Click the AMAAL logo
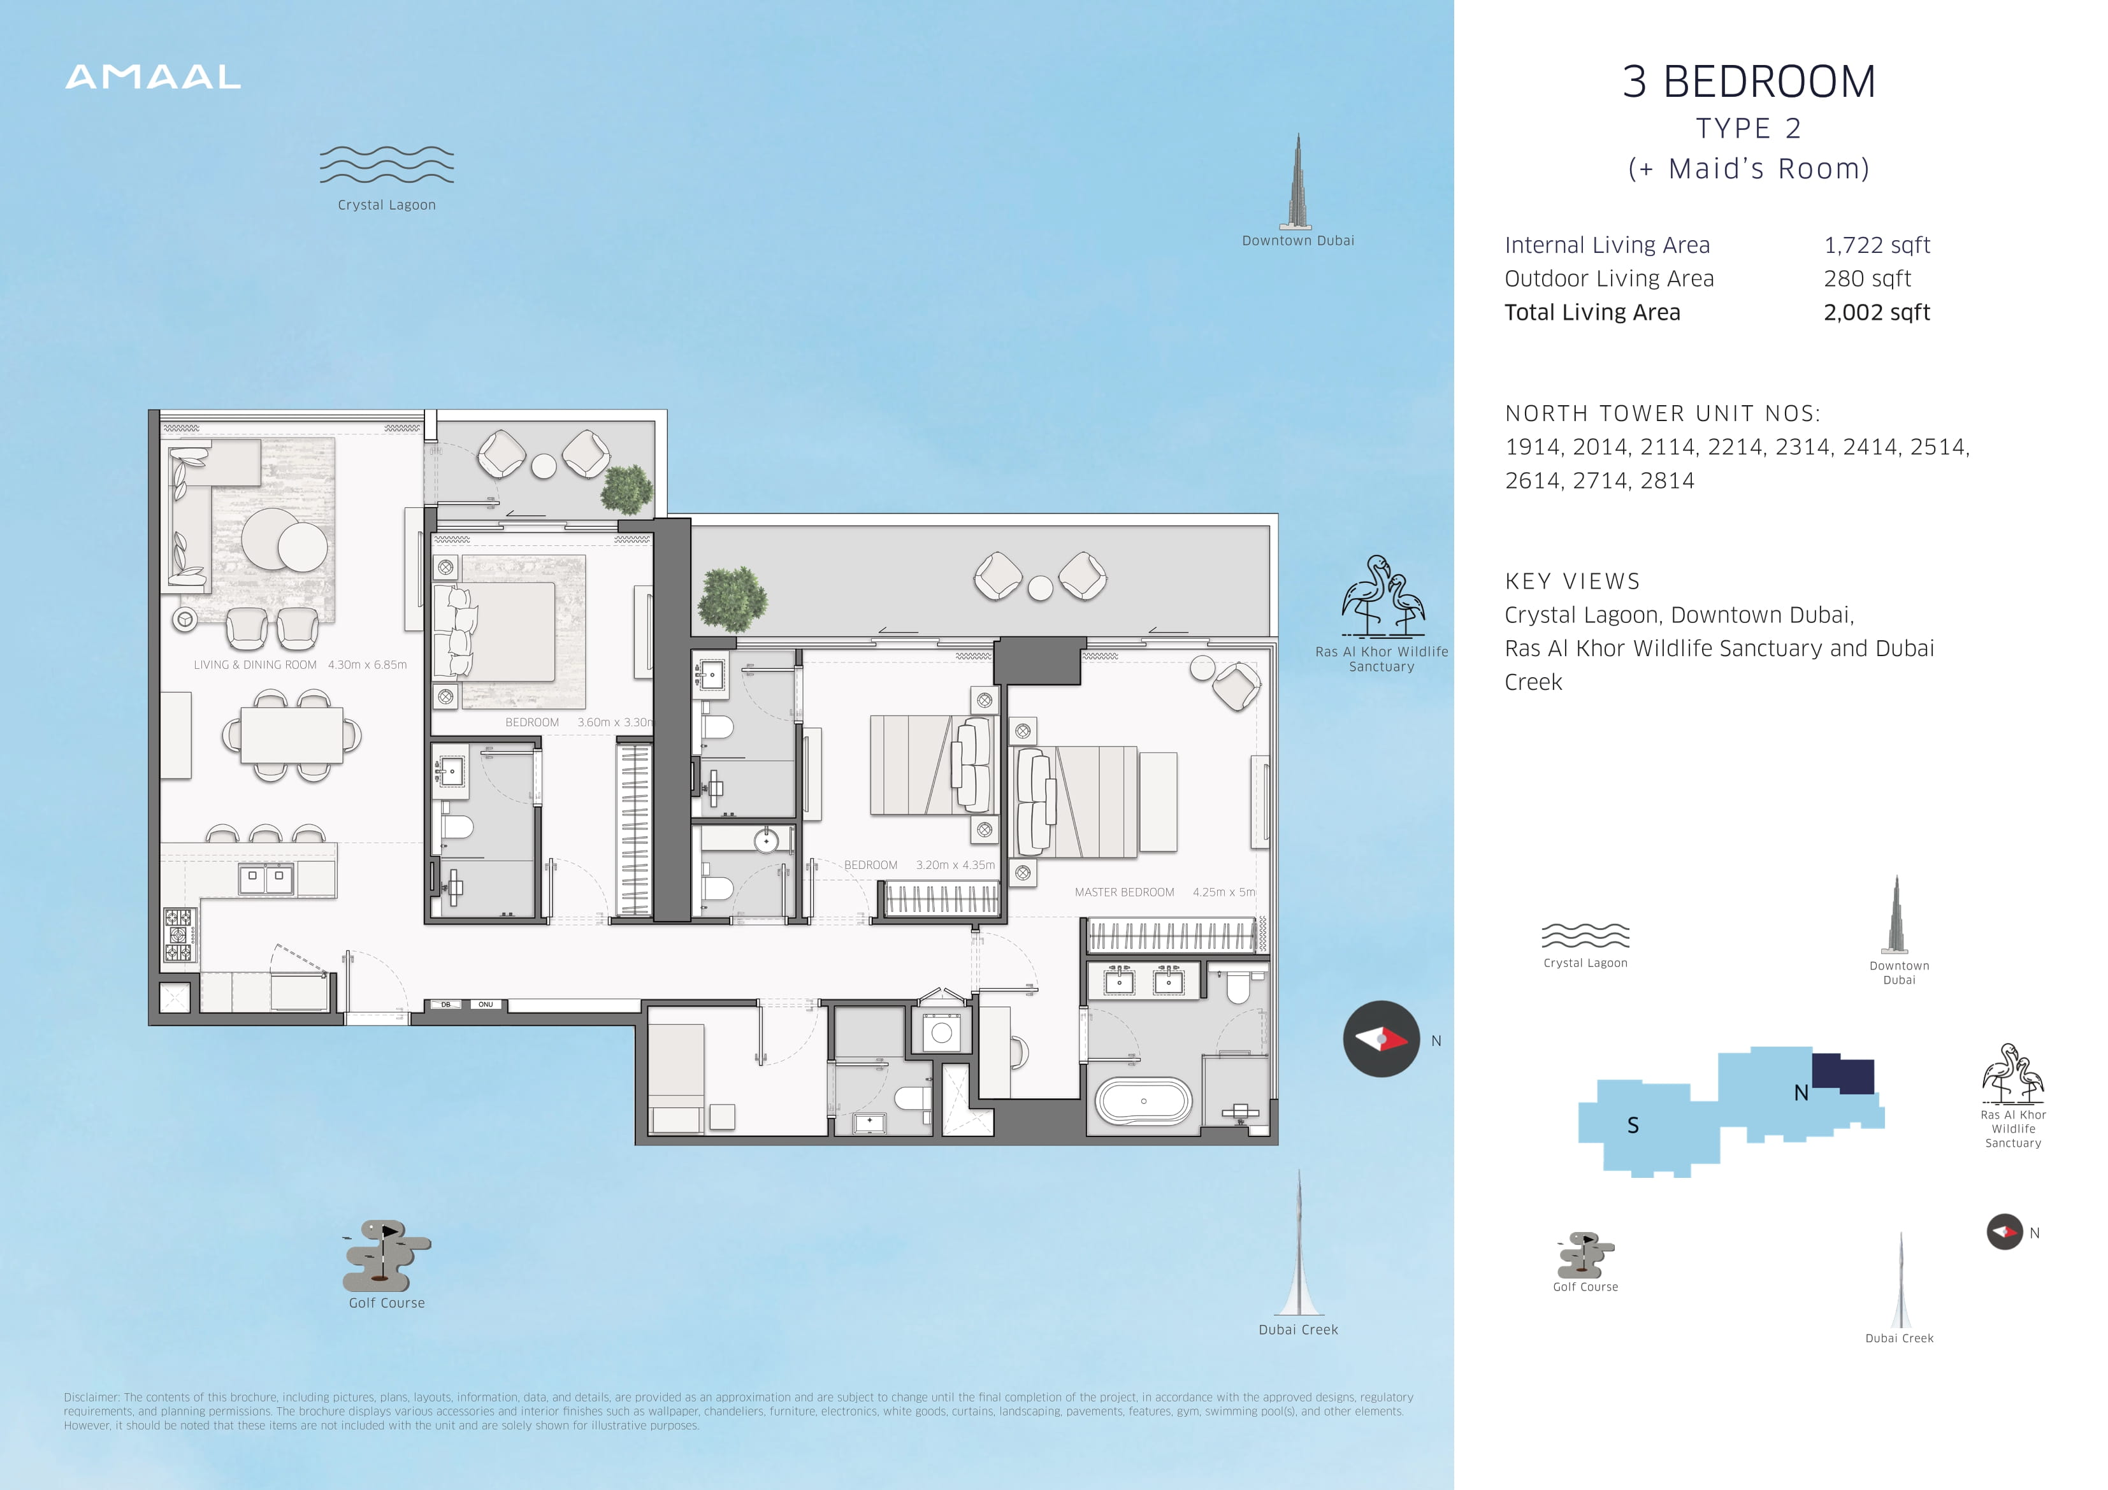click(154, 77)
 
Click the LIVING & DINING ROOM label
click(256, 664)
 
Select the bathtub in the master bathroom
click(1144, 1101)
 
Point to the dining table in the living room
click(291, 735)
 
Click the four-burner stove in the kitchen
click(179, 935)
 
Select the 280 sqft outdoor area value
click(1866, 278)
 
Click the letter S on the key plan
click(1633, 1126)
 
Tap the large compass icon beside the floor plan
click(1382, 1038)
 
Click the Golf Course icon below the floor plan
click(387, 1254)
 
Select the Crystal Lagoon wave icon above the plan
click(387, 164)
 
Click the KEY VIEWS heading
click(1572, 581)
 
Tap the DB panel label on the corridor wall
click(445, 1005)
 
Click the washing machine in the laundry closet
click(941, 1032)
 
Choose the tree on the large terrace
click(732, 599)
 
